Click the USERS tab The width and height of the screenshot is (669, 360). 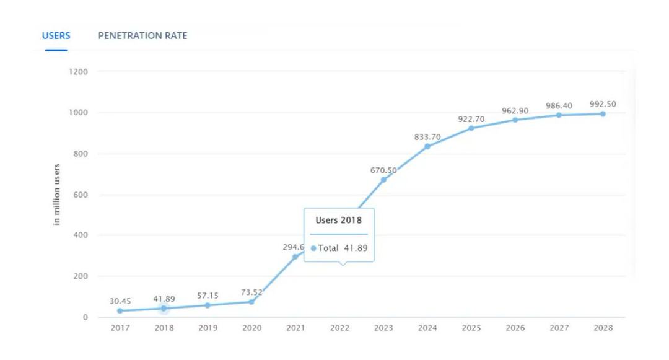tap(56, 36)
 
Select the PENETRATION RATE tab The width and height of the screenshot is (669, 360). tap(142, 36)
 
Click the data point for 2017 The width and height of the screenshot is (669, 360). tap(120, 311)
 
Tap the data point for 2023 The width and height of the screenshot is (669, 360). tap(383, 180)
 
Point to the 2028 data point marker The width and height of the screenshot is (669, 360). tap(603, 114)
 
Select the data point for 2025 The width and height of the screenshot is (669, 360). tap(471, 128)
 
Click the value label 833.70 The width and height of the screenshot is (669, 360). tap(427, 137)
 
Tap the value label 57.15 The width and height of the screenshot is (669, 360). tap(208, 296)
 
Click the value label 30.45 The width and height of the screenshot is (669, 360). tap(120, 301)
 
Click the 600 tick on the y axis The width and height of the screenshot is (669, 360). tap(81, 195)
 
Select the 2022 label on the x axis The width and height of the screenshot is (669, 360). tap(339, 328)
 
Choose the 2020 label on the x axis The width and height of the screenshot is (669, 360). tap(251, 328)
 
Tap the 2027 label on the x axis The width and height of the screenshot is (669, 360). tap(559, 328)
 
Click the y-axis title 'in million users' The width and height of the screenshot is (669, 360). tap(57, 195)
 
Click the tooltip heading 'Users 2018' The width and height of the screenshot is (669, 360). tap(339, 220)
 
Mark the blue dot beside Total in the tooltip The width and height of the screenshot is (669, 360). tap(313, 248)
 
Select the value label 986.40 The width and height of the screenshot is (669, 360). tap(559, 106)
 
